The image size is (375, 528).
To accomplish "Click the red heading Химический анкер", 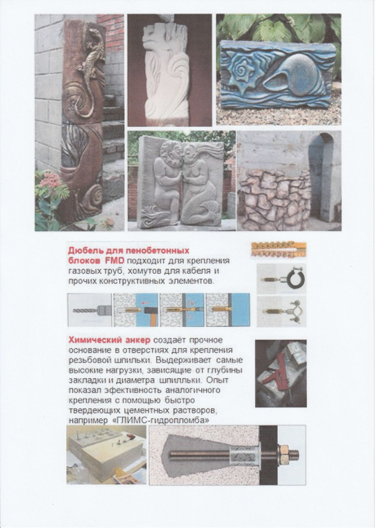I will click(x=110, y=340).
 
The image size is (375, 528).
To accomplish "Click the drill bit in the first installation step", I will click(x=83, y=310).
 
